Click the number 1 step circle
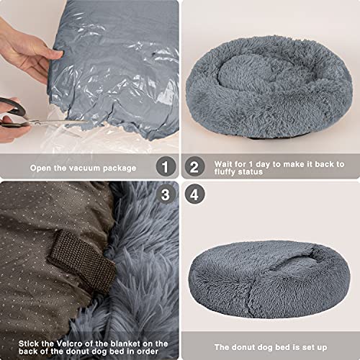click(167, 168)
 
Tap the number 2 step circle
click(193, 168)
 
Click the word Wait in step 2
click(222, 163)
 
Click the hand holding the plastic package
click(25, 50)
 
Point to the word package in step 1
click(119, 168)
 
